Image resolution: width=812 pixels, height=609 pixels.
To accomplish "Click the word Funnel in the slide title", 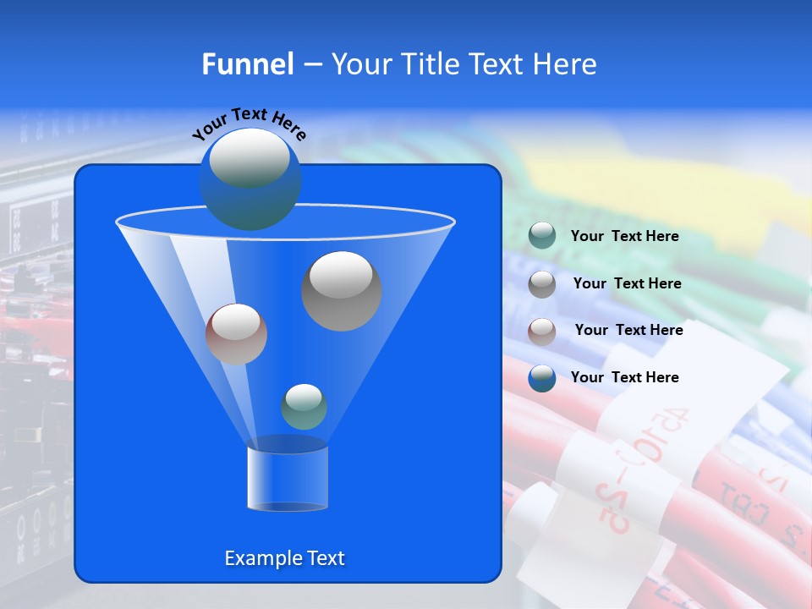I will [247, 64].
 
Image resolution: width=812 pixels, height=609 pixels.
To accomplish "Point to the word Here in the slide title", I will [566, 64].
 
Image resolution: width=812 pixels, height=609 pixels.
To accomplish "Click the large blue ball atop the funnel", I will [250, 178].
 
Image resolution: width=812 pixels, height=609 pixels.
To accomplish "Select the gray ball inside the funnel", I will [342, 291].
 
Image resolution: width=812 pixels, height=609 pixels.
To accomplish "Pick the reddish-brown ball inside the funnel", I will [236, 334].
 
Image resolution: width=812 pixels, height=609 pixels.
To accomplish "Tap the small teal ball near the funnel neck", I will [304, 407].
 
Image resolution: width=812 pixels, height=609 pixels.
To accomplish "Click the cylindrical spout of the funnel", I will [287, 478].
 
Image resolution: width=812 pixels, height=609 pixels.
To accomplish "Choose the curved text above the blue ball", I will [249, 123].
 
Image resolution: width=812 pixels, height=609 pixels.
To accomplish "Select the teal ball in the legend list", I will [542, 235].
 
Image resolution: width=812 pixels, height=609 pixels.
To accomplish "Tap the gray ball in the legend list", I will [542, 283].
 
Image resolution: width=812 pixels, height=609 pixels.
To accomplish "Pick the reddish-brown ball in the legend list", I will [542, 331].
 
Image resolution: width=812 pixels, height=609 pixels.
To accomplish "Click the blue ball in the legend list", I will [542, 378].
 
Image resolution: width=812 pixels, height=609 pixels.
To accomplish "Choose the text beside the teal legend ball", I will [624, 236].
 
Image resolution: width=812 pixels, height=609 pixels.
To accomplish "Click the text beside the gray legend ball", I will [627, 283].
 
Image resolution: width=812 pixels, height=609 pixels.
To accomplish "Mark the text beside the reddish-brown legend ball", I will [628, 330].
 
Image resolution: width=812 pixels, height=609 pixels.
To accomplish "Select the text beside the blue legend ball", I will [624, 377].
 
